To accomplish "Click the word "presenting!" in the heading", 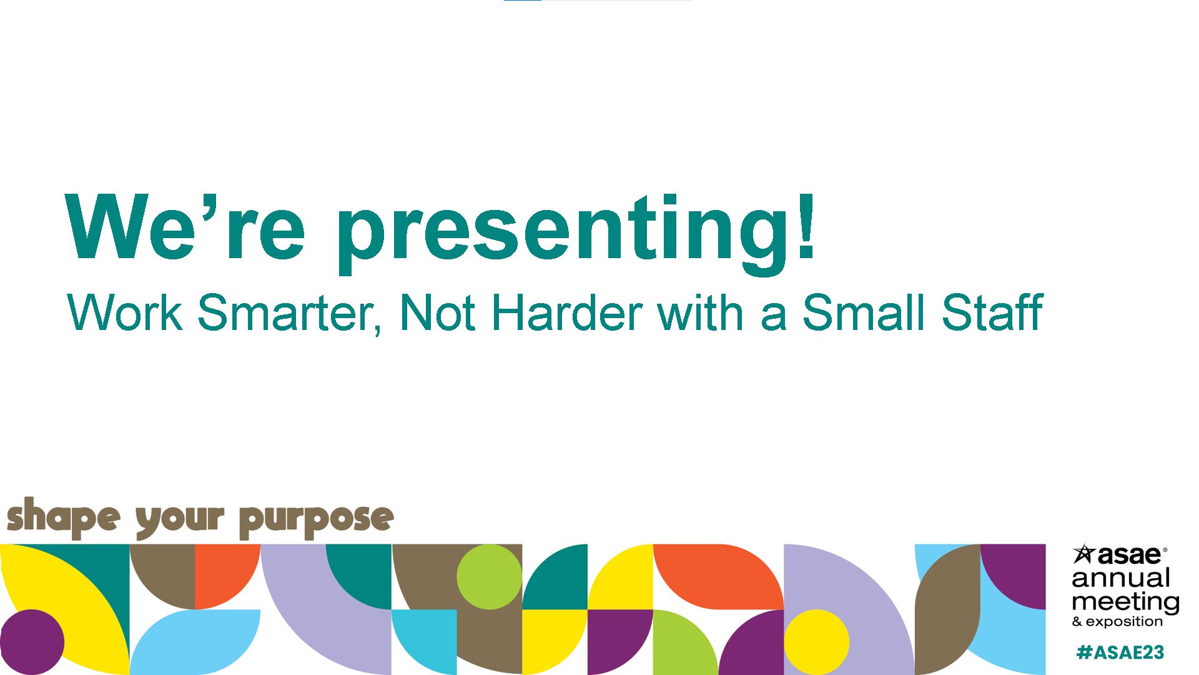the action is pyautogui.click(x=576, y=234).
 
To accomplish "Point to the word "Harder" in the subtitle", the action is pyautogui.click(x=567, y=312).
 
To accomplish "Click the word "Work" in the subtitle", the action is pyautogui.click(x=124, y=312).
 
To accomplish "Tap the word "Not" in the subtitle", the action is pyautogui.click(x=438, y=312).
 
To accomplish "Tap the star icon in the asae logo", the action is pyautogui.click(x=1084, y=553).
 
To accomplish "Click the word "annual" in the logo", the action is pyautogui.click(x=1121, y=578).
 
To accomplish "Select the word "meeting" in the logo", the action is pyautogui.click(x=1126, y=602).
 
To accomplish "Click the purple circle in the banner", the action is pyautogui.click(x=32, y=642).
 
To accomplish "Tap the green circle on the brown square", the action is pyautogui.click(x=489, y=577).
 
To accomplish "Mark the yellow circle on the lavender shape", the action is pyautogui.click(x=816, y=642).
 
